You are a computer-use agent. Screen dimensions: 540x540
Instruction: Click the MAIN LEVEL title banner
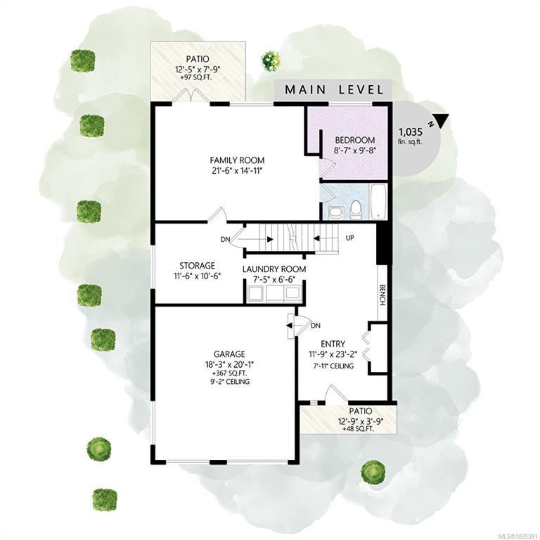click(333, 90)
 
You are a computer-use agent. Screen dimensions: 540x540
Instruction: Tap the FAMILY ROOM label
click(237, 160)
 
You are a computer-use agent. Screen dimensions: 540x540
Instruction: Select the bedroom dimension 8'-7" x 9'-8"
click(354, 150)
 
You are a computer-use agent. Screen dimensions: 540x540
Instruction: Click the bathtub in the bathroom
click(378, 202)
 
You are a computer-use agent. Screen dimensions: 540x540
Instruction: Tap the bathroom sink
click(335, 212)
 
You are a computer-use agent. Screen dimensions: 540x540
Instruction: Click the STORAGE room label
click(197, 266)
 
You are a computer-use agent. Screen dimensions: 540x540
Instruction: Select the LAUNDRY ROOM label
click(274, 269)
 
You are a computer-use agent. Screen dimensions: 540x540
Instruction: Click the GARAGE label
click(229, 354)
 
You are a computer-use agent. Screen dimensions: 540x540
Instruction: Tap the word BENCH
click(382, 295)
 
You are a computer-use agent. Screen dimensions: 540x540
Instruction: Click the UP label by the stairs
click(349, 238)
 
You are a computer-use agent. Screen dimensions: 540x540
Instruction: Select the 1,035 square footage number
click(411, 132)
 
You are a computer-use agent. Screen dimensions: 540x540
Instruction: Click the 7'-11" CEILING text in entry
click(333, 366)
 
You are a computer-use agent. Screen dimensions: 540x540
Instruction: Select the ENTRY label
click(333, 344)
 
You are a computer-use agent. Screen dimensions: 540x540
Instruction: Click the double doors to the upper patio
click(191, 95)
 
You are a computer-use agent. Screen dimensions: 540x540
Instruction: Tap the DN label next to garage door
click(316, 326)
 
